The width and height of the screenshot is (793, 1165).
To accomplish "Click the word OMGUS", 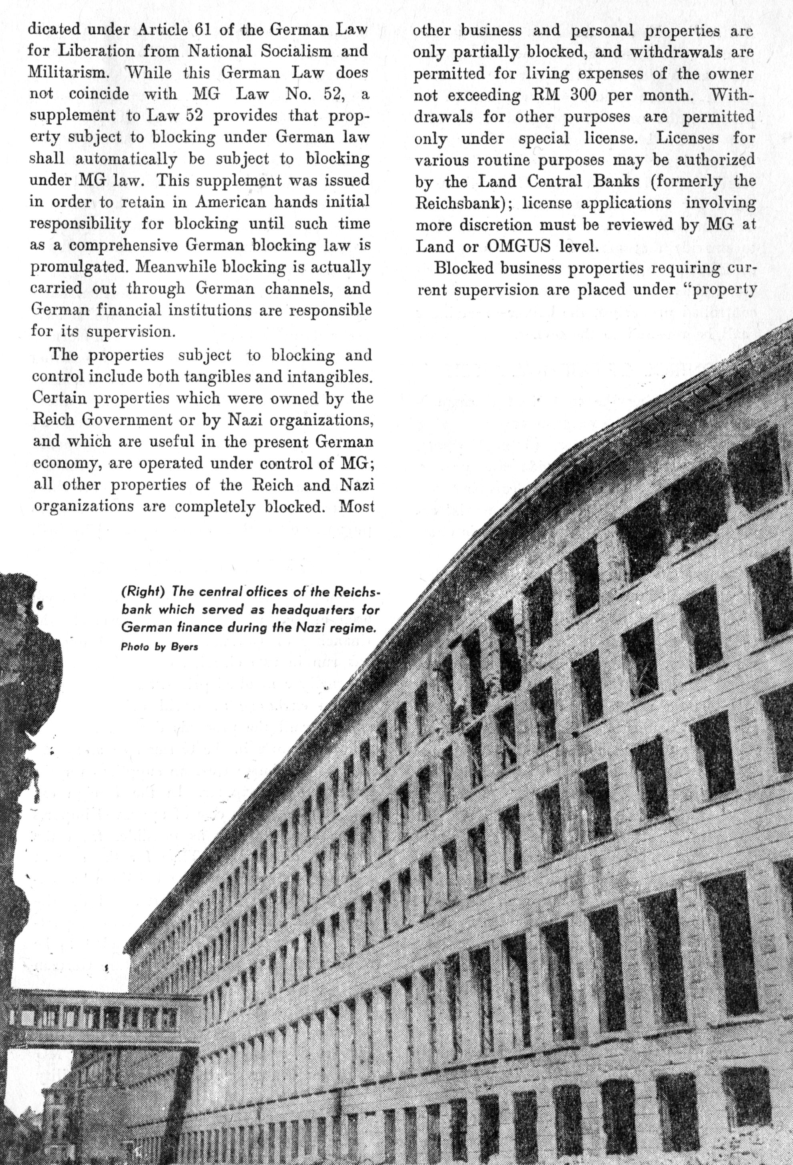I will coord(519,246).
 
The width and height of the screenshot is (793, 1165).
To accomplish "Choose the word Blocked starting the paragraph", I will coord(464,268).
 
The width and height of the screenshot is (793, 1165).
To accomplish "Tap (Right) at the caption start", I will coord(143,592).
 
